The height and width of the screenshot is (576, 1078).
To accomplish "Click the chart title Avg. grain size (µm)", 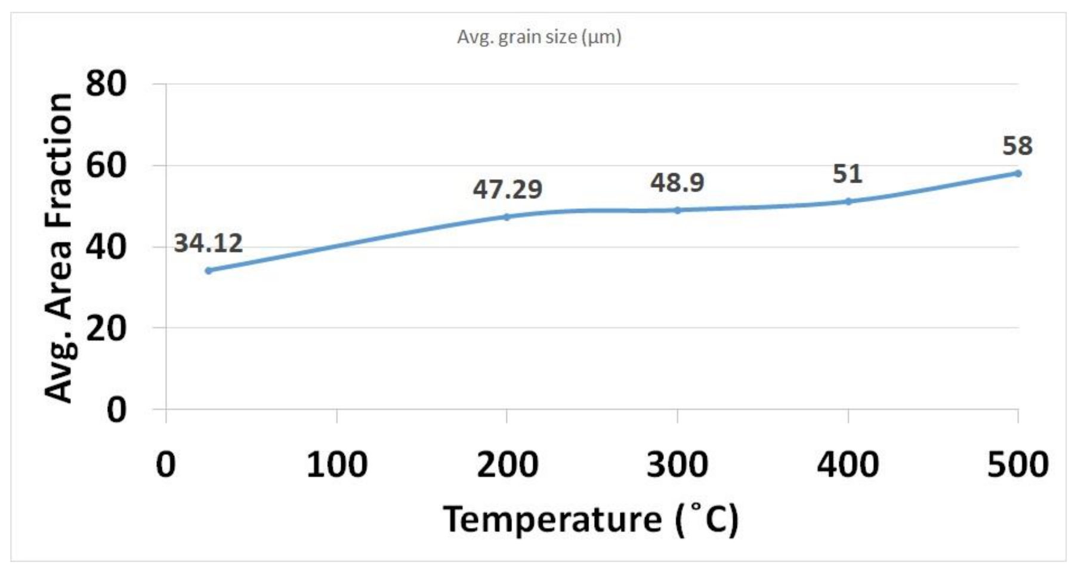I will point(539,37).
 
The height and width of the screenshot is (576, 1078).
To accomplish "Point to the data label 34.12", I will point(208,243).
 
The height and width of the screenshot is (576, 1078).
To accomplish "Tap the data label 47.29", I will point(508,189).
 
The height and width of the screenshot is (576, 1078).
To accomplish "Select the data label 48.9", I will point(677,182).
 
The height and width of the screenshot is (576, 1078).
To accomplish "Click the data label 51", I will point(848,174).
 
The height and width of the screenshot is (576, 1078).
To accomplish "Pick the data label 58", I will point(1017,146).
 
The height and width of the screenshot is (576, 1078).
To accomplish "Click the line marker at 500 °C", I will point(1018,174).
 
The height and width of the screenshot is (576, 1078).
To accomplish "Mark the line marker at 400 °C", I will point(848,202).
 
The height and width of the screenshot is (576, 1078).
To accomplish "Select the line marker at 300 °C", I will point(677,210).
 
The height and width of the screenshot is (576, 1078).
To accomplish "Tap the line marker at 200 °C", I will point(506,217).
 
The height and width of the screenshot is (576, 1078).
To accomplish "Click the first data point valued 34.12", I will point(208,270).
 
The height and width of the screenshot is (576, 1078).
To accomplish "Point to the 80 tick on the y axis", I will point(106,84).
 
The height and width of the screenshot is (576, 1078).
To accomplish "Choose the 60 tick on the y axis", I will point(106,165).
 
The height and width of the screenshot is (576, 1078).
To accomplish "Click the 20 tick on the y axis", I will point(106,328).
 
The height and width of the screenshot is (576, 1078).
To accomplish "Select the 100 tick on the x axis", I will point(336,465).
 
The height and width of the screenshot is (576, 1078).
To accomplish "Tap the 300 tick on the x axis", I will point(677,465).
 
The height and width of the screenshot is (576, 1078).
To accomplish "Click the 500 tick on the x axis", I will point(1018,465).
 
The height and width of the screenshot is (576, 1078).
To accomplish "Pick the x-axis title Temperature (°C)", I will point(591,519).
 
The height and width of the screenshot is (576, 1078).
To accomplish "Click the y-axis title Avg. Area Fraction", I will point(59,247).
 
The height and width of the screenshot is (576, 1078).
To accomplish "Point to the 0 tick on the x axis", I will point(166,465).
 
